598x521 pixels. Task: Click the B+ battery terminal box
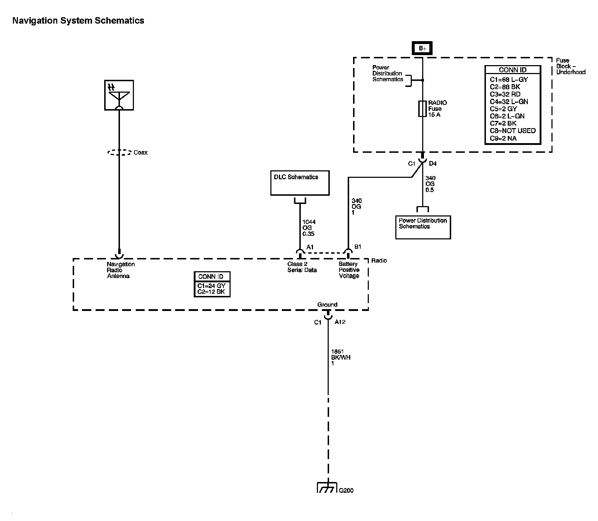click(423, 49)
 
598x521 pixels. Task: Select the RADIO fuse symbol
click(423, 109)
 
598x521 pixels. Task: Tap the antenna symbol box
click(119, 95)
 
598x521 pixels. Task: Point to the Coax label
click(140, 152)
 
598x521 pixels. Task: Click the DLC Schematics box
click(300, 183)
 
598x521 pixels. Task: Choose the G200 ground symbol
click(327, 488)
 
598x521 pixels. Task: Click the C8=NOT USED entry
click(513, 131)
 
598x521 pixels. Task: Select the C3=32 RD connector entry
click(505, 94)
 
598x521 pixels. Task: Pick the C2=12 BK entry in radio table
click(211, 292)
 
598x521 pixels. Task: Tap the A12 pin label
click(340, 322)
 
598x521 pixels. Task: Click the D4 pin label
click(433, 164)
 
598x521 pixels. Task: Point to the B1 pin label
click(358, 247)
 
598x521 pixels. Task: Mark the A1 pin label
click(310, 247)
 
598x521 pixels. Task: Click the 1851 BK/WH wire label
click(341, 357)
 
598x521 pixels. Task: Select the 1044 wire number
click(309, 222)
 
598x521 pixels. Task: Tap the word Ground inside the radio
click(327, 305)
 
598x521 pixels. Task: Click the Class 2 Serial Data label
click(302, 267)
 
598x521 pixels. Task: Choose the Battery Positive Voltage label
click(349, 270)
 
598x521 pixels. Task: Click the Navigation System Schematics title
click(78, 21)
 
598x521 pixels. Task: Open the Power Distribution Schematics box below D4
click(423, 227)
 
